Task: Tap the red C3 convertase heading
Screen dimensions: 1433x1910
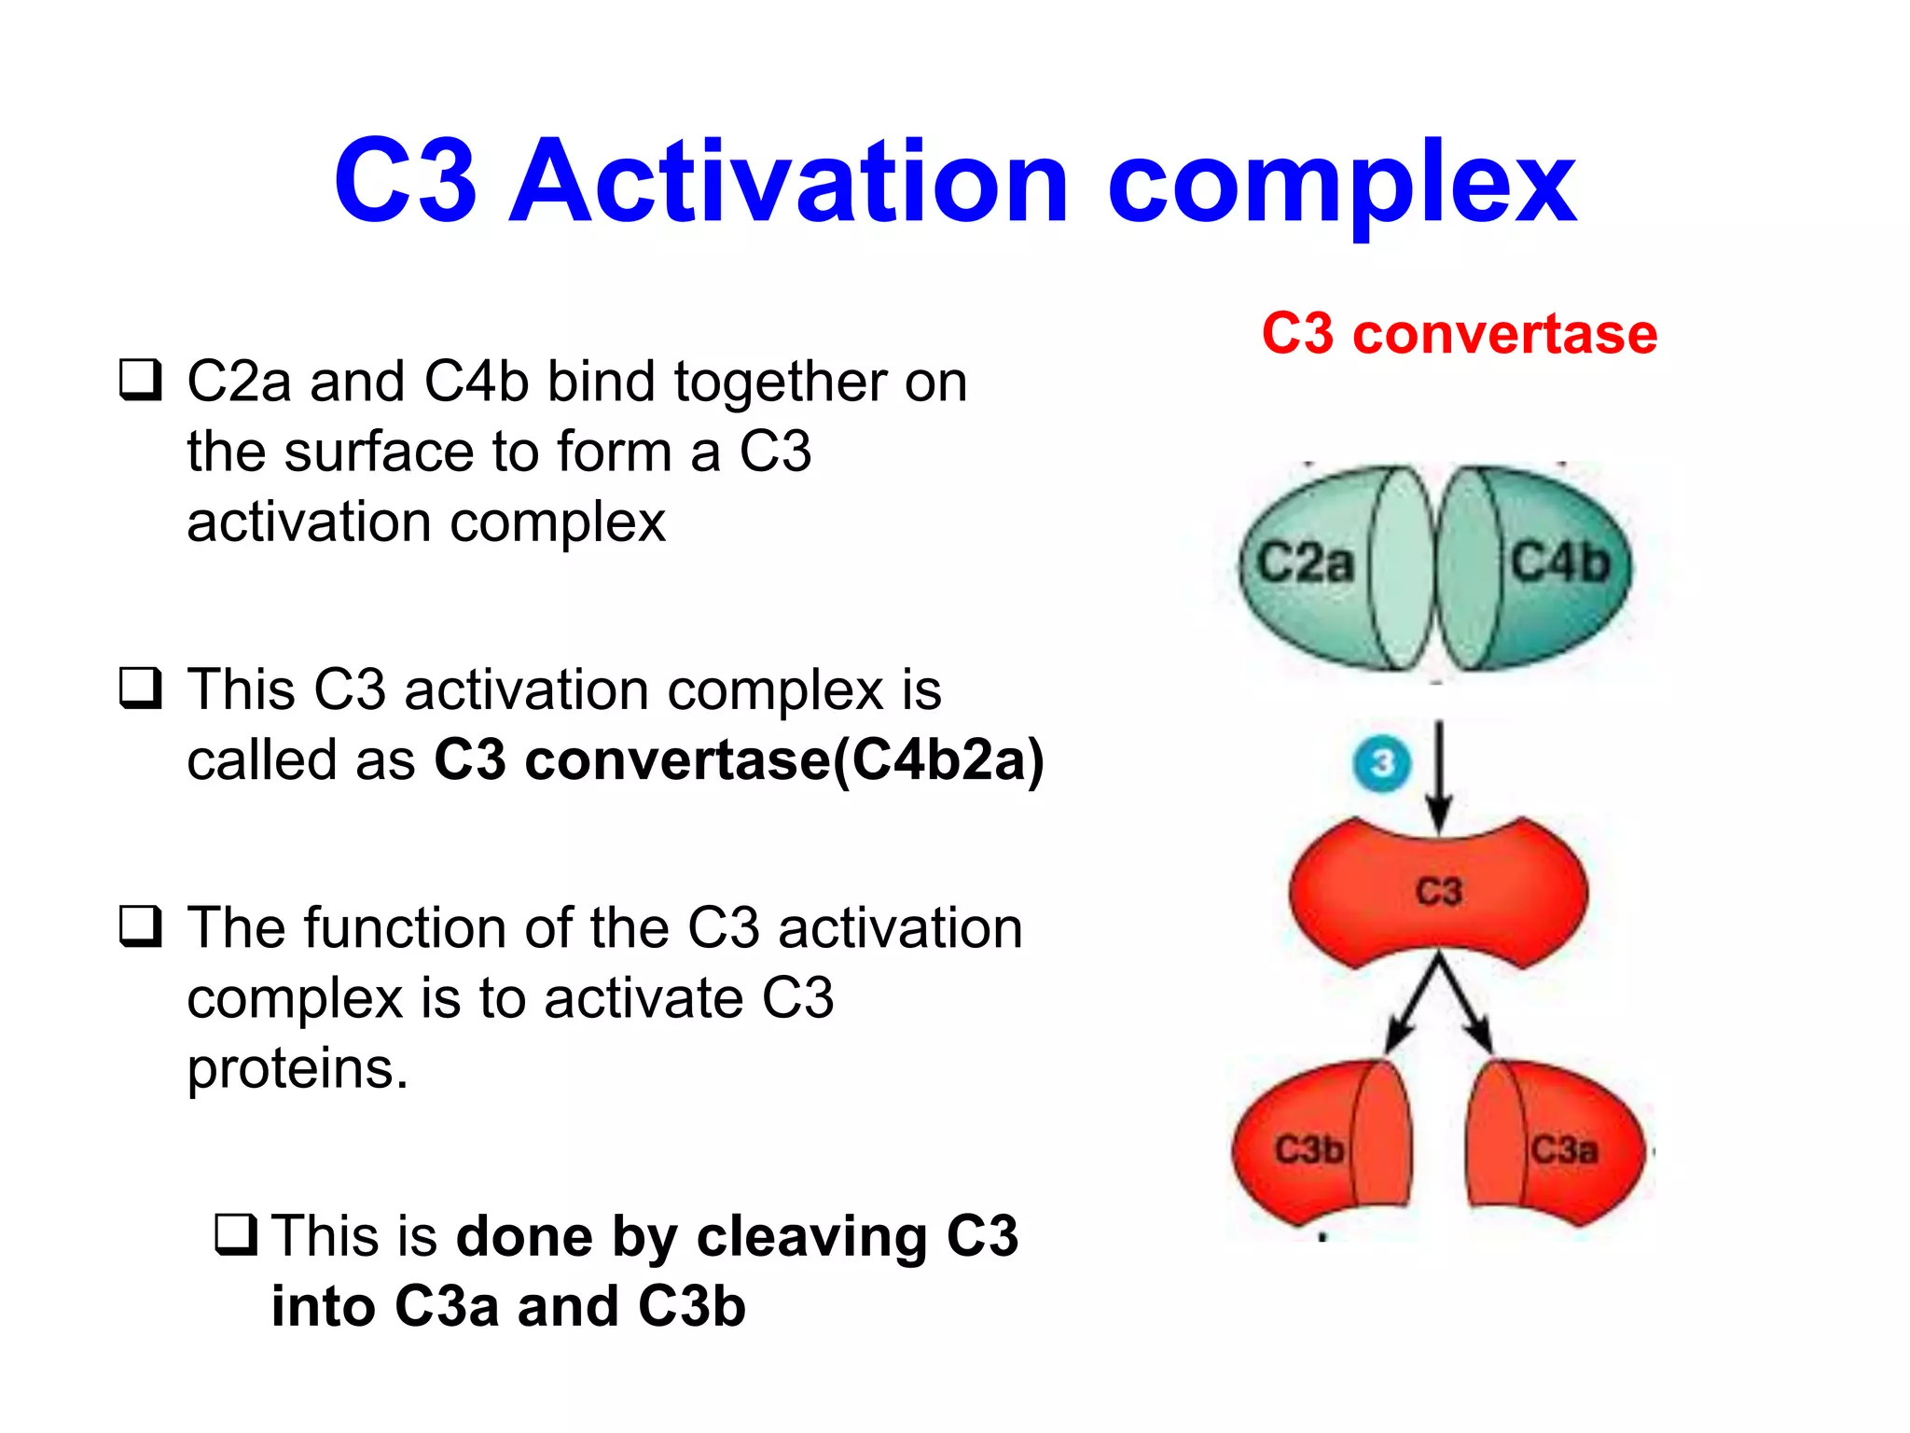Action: coord(1460,334)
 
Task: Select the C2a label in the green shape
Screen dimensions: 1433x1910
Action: coord(1305,563)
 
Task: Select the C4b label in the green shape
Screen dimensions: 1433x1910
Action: coord(1560,563)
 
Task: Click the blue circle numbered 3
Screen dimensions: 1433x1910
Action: coord(1382,764)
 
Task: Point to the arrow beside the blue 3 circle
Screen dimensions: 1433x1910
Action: coord(1439,774)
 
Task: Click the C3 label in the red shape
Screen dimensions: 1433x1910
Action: coord(1439,891)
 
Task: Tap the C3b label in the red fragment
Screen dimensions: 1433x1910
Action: coord(1309,1149)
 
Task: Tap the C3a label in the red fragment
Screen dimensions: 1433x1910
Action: coord(1564,1149)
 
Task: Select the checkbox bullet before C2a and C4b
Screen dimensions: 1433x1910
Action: coord(141,381)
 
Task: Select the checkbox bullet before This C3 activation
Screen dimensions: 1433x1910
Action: coord(141,689)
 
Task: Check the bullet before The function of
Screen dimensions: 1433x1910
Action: coord(141,926)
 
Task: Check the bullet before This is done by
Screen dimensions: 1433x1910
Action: coord(236,1234)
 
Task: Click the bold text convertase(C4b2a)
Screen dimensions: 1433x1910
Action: coord(784,760)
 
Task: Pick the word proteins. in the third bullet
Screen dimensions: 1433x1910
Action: coord(298,1069)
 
